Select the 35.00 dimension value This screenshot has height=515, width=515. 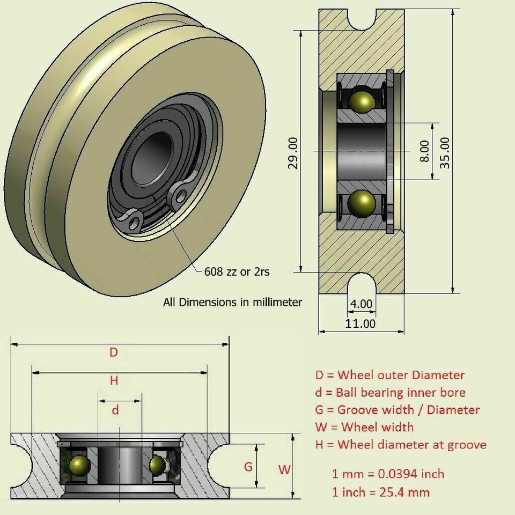tap(445, 152)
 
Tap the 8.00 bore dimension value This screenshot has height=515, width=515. tap(424, 152)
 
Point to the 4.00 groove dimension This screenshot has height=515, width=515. tap(360, 304)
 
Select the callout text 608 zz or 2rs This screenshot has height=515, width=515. tap(237, 272)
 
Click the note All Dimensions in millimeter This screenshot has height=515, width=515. tap(232, 302)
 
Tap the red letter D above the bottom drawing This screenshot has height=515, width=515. tap(113, 352)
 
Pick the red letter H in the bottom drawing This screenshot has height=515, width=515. tap(114, 381)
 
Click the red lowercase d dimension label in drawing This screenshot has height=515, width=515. tap(115, 410)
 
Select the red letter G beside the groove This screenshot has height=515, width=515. tap(248, 467)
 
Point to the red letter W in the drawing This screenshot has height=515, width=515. tap(284, 470)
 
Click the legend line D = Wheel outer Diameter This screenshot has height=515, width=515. tap(389, 375)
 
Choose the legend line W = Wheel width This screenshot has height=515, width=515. tap(364, 427)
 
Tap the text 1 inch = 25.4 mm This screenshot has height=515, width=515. tap(381, 492)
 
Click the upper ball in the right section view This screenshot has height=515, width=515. tap(361, 102)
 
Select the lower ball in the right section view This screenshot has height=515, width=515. tap(361, 203)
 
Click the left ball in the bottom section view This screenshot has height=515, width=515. tap(79, 465)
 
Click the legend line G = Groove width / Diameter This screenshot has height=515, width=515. tap(397, 410)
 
